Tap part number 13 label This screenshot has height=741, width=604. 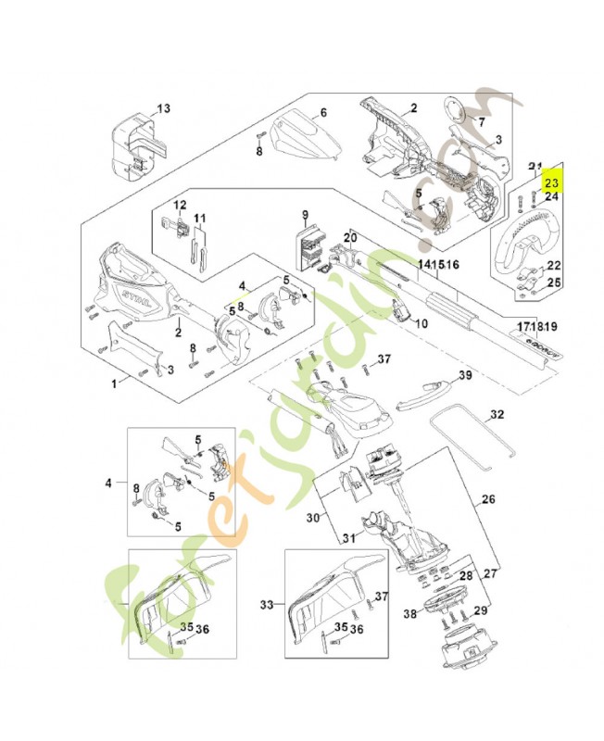pyautogui.click(x=163, y=108)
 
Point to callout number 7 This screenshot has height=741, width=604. pyautogui.click(x=481, y=121)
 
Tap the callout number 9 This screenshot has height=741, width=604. pyautogui.click(x=302, y=215)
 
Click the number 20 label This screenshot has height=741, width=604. pyautogui.click(x=349, y=238)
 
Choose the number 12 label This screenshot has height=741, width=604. pyautogui.click(x=180, y=205)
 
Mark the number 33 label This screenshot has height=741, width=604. pyautogui.click(x=269, y=605)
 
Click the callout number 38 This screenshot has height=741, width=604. pyautogui.click(x=409, y=613)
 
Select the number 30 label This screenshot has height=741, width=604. pyautogui.click(x=313, y=519)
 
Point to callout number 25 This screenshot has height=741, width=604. pyautogui.click(x=553, y=283)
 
